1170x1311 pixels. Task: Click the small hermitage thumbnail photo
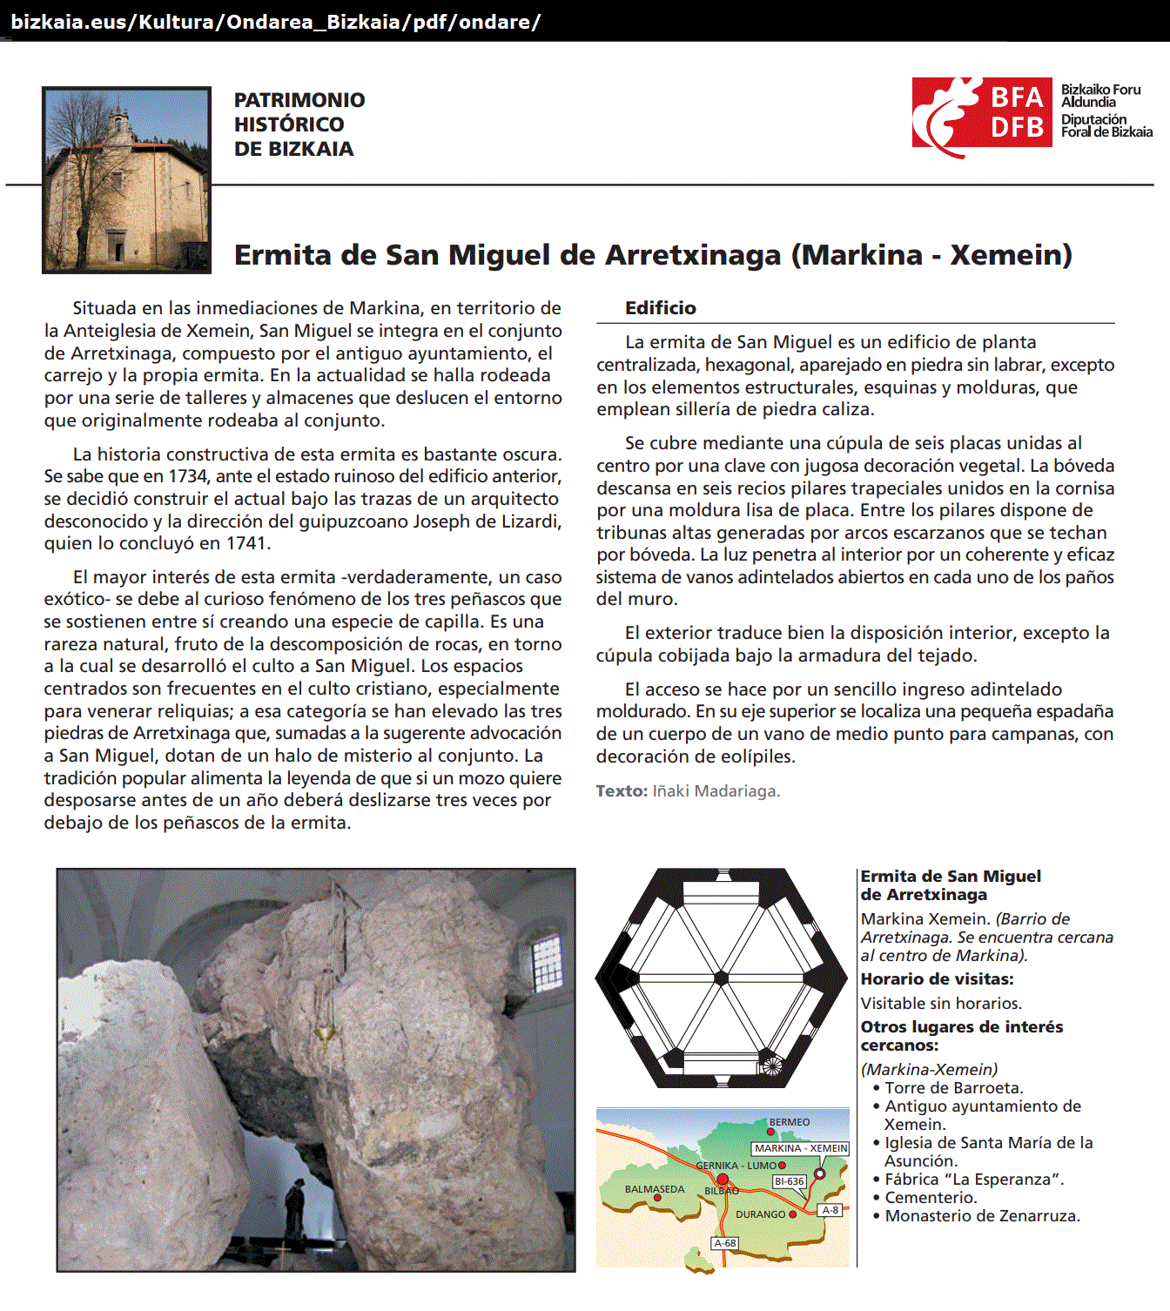[x=127, y=180]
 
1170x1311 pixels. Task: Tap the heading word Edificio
[x=660, y=308]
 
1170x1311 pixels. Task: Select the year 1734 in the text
[x=187, y=477]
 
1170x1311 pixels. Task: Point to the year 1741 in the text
[x=247, y=544]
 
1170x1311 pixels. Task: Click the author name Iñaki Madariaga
[x=716, y=791]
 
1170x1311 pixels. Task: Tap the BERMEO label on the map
[x=790, y=1123]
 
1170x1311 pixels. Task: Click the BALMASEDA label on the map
[x=654, y=1189]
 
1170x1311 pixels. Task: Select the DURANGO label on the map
[x=760, y=1214]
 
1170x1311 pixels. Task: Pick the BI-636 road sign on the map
[x=790, y=1181]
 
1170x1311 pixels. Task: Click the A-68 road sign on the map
[x=725, y=1243]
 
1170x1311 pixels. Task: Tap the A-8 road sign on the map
[x=830, y=1210]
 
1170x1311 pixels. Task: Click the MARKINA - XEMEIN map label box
[x=800, y=1148]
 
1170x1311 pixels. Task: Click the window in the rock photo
[x=546, y=962]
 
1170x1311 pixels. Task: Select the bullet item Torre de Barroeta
[x=953, y=1088]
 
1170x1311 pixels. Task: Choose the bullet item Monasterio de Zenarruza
[x=982, y=1216]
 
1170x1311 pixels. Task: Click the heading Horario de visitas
[x=937, y=979]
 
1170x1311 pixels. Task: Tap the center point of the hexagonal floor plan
[x=721, y=978]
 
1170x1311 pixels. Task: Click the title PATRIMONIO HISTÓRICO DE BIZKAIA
[x=299, y=124]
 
